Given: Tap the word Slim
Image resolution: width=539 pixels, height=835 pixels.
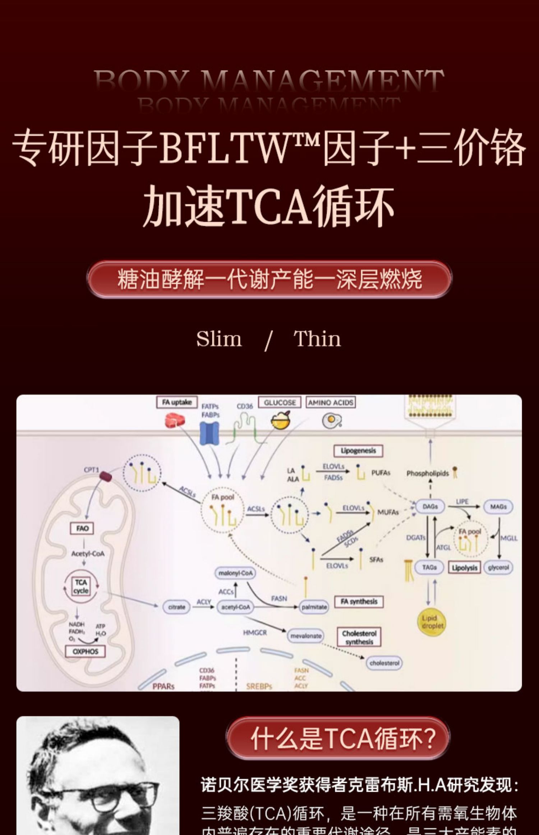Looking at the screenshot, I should click(219, 339).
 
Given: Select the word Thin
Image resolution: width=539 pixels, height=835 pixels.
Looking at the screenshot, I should click(317, 339).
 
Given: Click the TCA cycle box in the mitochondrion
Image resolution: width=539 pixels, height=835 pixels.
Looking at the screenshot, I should click(81, 587).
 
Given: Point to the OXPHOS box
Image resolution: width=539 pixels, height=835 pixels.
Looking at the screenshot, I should click(85, 651).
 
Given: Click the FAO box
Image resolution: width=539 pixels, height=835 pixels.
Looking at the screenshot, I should click(82, 528).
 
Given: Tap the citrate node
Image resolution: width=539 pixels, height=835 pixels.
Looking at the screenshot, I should click(176, 607).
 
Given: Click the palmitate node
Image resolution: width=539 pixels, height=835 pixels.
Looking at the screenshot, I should click(314, 607).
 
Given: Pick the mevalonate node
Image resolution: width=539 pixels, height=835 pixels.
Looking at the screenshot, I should click(306, 636).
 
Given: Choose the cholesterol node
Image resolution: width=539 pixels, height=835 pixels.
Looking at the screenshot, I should click(384, 663).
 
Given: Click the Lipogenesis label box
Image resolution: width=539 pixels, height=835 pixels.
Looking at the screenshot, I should click(358, 451).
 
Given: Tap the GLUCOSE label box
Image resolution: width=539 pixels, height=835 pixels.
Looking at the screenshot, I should click(280, 402).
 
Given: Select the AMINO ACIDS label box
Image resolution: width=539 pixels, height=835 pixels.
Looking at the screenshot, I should click(331, 402).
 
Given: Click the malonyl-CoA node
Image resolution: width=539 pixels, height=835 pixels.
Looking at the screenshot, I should click(235, 573).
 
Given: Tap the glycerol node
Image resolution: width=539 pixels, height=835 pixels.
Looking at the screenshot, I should click(498, 567).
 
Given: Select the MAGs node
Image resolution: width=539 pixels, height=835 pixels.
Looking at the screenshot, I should click(498, 506).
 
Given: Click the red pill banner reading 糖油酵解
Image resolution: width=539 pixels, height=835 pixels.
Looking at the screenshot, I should click(269, 279).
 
